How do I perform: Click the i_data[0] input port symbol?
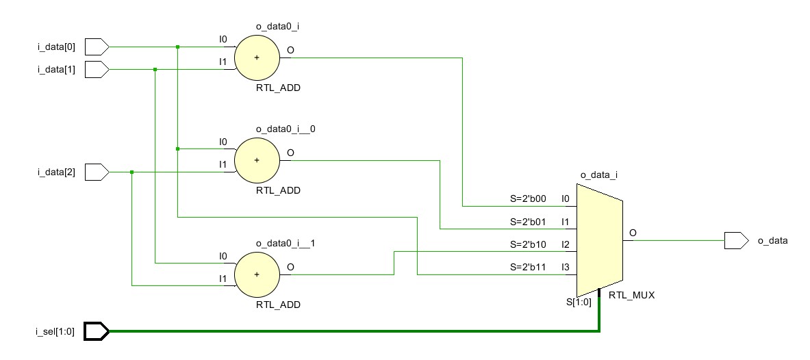[x=97, y=47]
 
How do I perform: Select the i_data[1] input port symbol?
[x=97, y=69]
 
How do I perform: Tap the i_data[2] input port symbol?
[x=97, y=172]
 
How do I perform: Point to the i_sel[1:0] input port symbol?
[x=97, y=332]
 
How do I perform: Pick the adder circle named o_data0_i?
[x=257, y=57]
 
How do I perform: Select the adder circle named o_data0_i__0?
[x=257, y=160]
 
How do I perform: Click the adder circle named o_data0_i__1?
[x=257, y=274]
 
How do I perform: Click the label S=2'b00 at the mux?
[x=528, y=199]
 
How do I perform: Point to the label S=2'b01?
[x=528, y=222]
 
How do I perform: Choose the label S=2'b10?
[x=528, y=244]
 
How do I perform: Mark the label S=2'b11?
[x=528, y=268]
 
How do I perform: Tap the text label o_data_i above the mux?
[x=599, y=176]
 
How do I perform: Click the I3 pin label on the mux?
[x=566, y=268]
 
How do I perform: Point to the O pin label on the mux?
[x=633, y=233]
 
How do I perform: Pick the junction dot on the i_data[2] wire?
[x=131, y=172]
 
